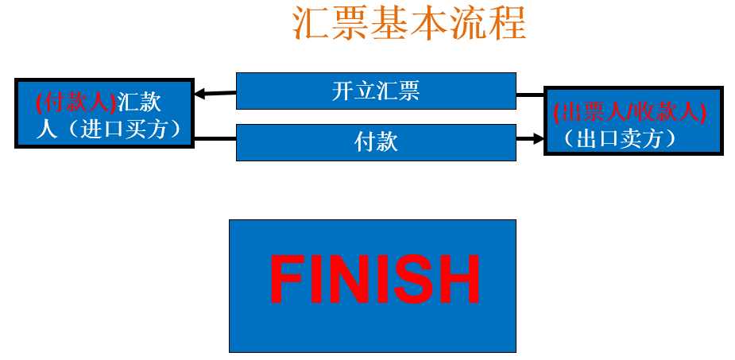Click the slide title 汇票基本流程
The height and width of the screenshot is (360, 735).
click(409, 25)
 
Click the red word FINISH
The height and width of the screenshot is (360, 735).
click(374, 279)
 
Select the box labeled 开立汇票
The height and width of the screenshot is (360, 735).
click(375, 91)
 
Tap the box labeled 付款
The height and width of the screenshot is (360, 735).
click(375, 142)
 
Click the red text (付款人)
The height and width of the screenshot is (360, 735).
click(76, 103)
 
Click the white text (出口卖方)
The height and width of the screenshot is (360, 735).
click(620, 139)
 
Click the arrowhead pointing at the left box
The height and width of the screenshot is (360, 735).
click(200, 94)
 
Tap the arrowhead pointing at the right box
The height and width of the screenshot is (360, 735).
click(537, 138)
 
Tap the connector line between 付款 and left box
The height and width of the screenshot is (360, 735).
click(215, 140)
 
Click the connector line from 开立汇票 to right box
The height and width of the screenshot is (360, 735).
click(529, 95)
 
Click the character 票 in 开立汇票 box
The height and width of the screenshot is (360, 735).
click(408, 91)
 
